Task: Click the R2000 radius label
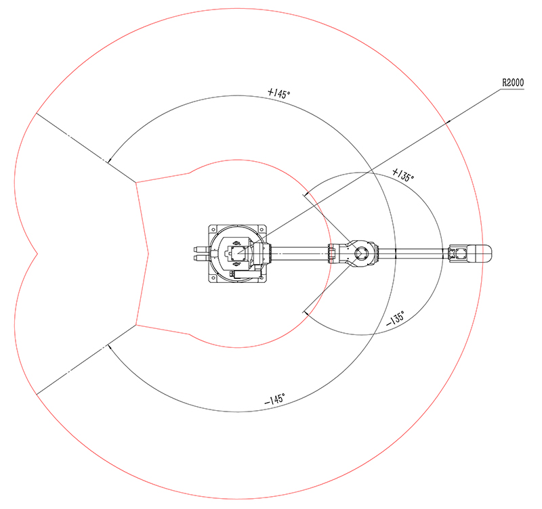coord(513,83)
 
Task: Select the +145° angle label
coord(279,93)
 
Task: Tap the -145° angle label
coord(275,399)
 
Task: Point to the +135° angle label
coord(403,175)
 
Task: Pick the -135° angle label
coord(395,318)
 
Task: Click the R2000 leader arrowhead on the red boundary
coord(448,122)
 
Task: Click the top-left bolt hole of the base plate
coord(213,229)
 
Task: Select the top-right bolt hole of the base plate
coord(262,229)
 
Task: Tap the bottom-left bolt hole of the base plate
coord(213,278)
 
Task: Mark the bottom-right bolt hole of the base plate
coord(262,278)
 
